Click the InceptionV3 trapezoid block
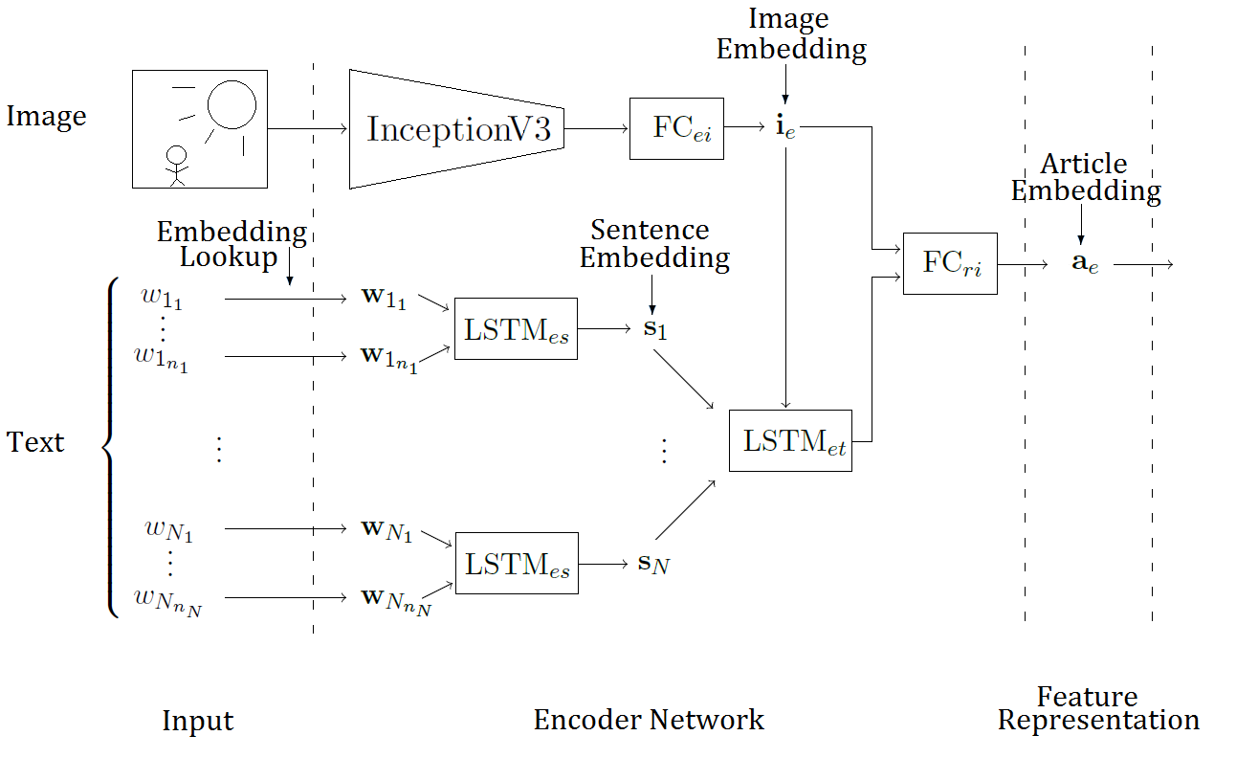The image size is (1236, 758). coord(456,129)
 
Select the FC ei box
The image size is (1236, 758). coord(676,128)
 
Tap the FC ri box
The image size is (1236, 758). coord(949,263)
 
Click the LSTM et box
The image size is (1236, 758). coord(790,440)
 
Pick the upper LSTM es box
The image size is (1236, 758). coord(516,329)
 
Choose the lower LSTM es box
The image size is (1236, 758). coord(516,563)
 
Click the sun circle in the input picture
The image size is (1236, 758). coord(232,103)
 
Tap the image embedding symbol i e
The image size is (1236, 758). coord(785,128)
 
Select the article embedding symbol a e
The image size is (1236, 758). coord(1084,263)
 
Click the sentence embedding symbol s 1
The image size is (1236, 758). coord(652,329)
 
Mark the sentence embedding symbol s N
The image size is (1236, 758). coord(653,564)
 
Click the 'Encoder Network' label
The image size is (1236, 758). coord(649,720)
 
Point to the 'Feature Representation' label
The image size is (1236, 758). coord(1098,708)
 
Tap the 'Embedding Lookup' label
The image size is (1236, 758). coord(231,244)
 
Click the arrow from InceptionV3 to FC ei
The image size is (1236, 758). coord(596,128)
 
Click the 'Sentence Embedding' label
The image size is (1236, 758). coord(654,244)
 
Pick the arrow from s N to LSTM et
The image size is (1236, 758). coord(685,509)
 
